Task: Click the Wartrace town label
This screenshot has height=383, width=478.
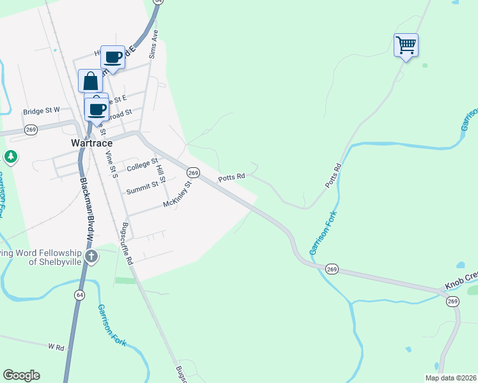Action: (91, 144)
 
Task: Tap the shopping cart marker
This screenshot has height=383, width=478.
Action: (406, 45)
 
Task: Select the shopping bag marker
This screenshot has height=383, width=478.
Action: (90, 81)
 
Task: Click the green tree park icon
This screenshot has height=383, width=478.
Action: (10, 156)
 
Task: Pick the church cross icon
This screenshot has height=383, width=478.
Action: (91, 257)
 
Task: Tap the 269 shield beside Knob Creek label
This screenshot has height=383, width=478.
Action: (452, 301)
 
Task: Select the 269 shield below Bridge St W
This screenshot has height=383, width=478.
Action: (30, 130)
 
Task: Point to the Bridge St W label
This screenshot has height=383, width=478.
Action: (41, 110)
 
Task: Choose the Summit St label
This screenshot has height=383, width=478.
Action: (142, 188)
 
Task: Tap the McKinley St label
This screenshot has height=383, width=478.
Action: (178, 195)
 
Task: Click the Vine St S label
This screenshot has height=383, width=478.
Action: (112, 164)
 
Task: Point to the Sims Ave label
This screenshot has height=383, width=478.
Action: (153, 44)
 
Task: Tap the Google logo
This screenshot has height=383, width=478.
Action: (21, 375)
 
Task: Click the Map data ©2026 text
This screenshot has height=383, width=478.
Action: (451, 378)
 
